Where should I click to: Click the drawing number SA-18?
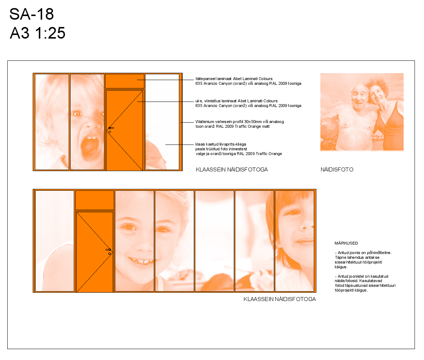click(x=32, y=14)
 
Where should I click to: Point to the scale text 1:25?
click(x=50, y=33)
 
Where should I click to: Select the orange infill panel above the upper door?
click(x=124, y=81)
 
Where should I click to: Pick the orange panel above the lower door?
click(x=95, y=200)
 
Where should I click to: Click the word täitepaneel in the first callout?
click(x=205, y=79)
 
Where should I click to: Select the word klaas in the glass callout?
click(x=200, y=144)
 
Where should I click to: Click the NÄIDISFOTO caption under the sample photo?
click(x=337, y=170)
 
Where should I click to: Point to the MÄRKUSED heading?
click(x=346, y=244)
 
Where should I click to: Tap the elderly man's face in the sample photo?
click(x=360, y=98)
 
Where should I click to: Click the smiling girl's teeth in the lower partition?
click(x=141, y=262)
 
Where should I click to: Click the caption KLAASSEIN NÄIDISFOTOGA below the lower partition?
click(x=280, y=299)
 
